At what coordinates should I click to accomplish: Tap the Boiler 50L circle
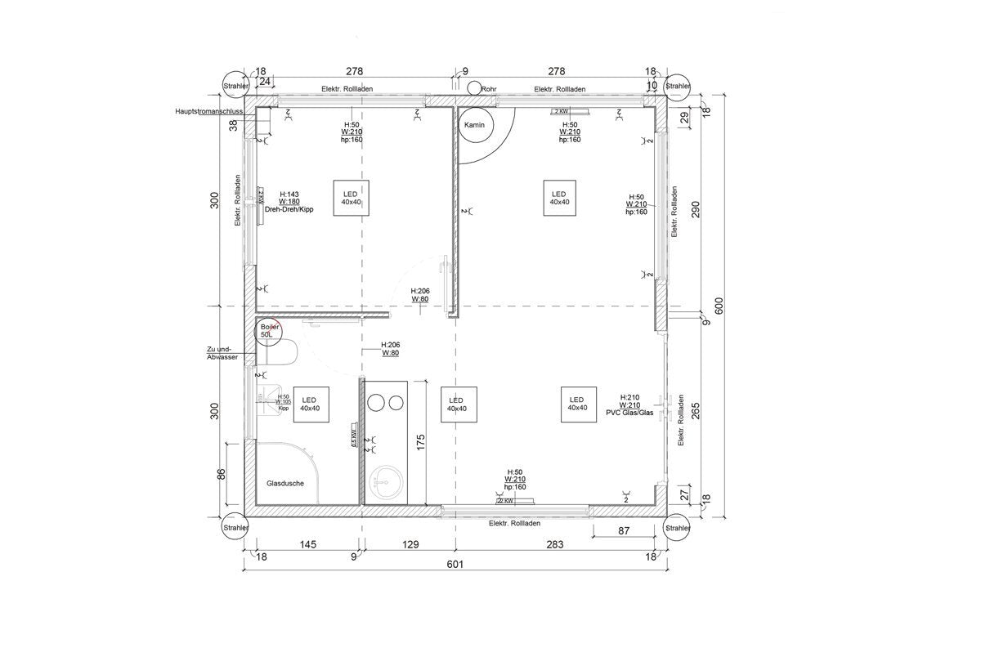(267, 331)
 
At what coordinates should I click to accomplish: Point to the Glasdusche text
(285, 483)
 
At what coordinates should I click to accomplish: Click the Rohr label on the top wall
(490, 89)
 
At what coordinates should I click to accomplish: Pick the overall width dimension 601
(455, 565)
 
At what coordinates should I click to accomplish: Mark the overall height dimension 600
(719, 305)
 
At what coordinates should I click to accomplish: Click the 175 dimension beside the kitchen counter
(420, 442)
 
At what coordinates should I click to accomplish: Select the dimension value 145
(308, 543)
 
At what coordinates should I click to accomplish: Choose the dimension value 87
(624, 531)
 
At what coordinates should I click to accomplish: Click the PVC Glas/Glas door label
(629, 413)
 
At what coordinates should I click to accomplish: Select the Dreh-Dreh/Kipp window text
(289, 209)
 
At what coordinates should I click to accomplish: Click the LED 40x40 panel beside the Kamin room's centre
(559, 198)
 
